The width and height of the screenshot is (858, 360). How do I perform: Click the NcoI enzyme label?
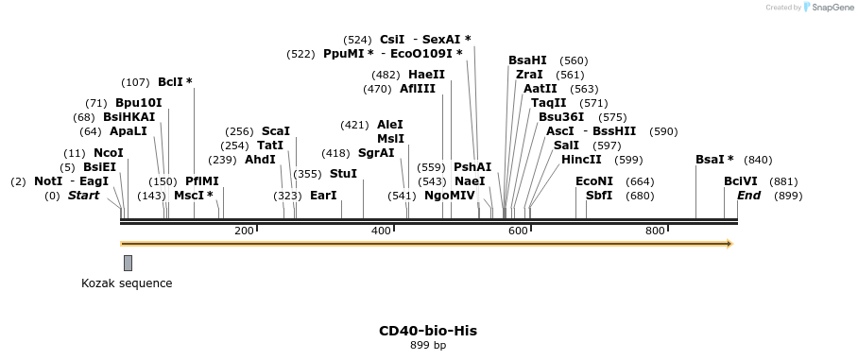(108, 153)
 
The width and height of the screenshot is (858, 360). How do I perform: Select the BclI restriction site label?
(171, 82)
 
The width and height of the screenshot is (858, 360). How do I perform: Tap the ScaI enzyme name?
(276, 131)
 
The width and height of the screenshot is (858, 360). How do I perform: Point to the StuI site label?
(343, 174)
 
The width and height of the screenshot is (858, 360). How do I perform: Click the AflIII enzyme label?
(418, 89)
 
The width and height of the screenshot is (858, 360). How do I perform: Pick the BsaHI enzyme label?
(527, 60)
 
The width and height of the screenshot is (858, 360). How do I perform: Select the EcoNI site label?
(594, 181)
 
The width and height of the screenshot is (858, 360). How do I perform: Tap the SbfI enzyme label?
(599, 196)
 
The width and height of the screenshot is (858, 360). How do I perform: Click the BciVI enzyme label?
(740, 181)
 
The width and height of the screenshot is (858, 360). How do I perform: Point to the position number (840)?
(758, 160)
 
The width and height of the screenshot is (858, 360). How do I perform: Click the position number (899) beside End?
(788, 196)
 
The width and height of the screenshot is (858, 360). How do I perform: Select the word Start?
(83, 196)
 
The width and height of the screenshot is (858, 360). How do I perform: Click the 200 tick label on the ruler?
(244, 231)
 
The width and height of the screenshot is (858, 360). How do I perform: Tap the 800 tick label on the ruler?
(655, 231)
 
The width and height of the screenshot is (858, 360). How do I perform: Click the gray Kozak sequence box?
(128, 263)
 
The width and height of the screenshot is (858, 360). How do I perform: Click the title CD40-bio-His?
(428, 331)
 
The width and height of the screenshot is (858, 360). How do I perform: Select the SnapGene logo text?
(832, 7)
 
